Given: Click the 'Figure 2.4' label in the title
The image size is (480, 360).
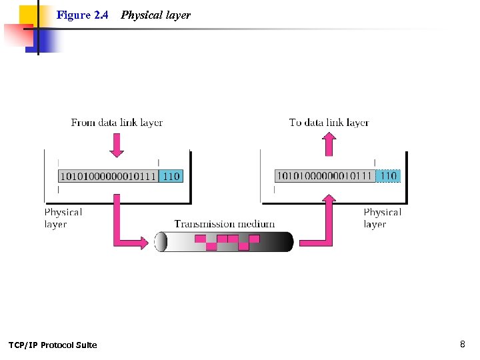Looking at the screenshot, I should click(x=82, y=15).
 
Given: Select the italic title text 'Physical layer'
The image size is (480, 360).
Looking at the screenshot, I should click(x=155, y=15).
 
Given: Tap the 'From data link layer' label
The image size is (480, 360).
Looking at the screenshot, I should click(x=117, y=122).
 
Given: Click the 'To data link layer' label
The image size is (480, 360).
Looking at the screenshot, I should click(x=329, y=122).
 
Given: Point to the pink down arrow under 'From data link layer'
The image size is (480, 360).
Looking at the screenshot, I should click(x=117, y=145).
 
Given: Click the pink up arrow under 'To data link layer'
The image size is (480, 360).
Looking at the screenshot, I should click(x=329, y=144).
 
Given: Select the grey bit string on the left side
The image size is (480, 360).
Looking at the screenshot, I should click(x=108, y=176).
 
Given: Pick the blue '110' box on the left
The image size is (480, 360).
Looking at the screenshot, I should click(x=171, y=176).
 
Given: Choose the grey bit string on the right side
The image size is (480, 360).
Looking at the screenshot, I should click(x=325, y=176).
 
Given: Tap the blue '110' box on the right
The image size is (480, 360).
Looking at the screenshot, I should click(x=388, y=176).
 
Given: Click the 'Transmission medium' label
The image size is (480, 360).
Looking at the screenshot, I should click(x=224, y=224).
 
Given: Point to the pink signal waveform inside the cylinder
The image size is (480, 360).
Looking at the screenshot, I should click(x=227, y=241).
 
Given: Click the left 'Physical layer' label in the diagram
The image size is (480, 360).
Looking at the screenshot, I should click(x=63, y=218).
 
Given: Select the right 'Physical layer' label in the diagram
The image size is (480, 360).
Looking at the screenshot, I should click(x=382, y=218).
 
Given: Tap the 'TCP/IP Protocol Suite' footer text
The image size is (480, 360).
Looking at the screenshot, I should click(x=53, y=345).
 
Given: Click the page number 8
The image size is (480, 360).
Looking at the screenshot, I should click(x=462, y=344).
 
